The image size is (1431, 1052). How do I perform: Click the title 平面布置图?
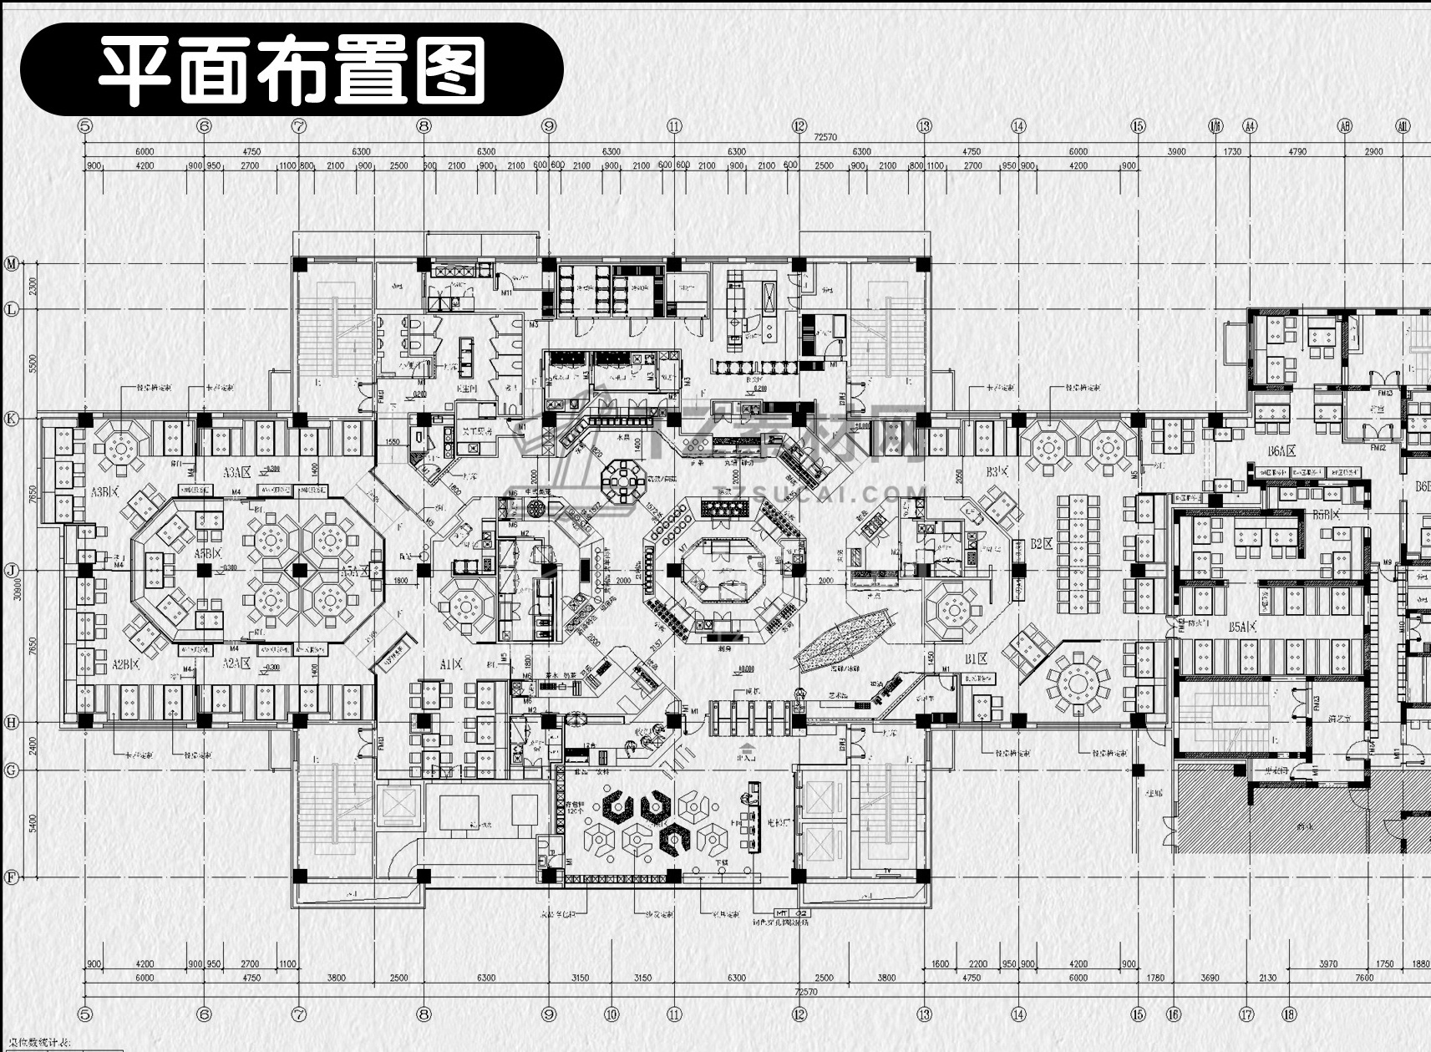click(292, 70)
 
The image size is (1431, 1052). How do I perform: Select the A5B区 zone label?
click(208, 554)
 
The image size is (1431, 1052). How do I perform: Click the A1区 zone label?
click(452, 663)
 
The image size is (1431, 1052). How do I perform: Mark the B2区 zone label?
click(1041, 544)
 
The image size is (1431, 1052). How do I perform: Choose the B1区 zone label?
click(977, 659)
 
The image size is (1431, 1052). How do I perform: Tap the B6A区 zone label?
click(1281, 451)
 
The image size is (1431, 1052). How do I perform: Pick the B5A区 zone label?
click(1243, 626)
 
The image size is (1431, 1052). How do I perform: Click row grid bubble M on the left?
click(12, 264)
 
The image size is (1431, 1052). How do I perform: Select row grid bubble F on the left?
click(12, 877)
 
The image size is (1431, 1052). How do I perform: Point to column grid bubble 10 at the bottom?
click(611, 1014)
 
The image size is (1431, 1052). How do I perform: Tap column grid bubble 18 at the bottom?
click(1289, 1014)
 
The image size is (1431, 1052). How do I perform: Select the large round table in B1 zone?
click(1078, 684)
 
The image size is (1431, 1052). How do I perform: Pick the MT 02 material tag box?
click(790, 912)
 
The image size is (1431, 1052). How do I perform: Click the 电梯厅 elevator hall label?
click(779, 822)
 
